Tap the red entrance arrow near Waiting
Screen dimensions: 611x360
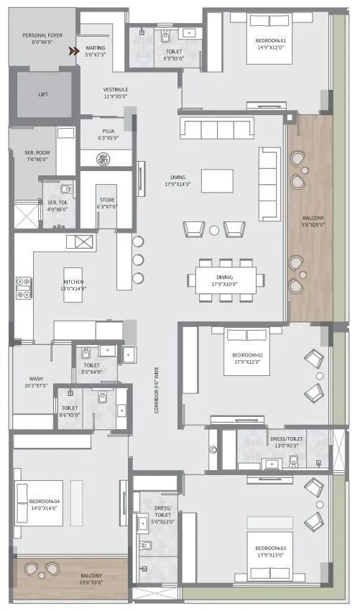pyautogui.click(x=74, y=51)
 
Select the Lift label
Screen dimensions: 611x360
pyautogui.click(x=43, y=94)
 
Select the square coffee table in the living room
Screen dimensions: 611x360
pyautogui.click(x=217, y=180)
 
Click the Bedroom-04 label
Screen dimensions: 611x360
pyautogui.click(x=43, y=504)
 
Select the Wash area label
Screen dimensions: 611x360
pyautogui.click(x=37, y=382)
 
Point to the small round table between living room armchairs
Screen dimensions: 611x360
pyautogui.click(x=214, y=230)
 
